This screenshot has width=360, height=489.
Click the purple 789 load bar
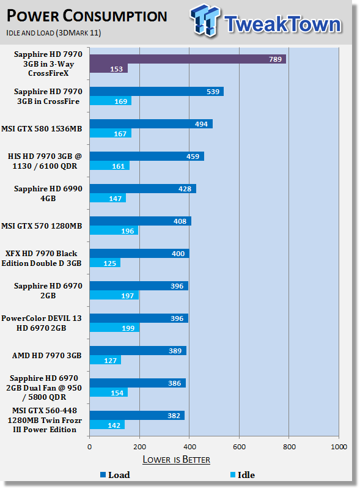pos(188,59)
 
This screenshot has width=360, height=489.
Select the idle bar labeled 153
pos(109,68)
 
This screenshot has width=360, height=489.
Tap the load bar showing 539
pos(156,91)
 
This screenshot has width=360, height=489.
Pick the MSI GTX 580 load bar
pos(152,124)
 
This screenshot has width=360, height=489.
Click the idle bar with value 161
pos(109,166)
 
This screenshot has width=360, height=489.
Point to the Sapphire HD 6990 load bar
pos(143,189)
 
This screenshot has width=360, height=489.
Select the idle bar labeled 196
pos(114,230)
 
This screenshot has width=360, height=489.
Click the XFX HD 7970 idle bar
pos(105,263)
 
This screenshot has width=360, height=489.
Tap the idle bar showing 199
pos(114,328)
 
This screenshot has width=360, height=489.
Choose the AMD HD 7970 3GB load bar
pos(138,350)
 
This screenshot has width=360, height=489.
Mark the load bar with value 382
pos(138,416)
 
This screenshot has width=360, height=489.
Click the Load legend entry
pos(115,475)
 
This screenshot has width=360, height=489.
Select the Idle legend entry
pos(243,475)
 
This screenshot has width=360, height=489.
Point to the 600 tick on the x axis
pos(239,447)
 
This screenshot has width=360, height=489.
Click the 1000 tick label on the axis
pos(339,447)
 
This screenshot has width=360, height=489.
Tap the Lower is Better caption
pos(176,460)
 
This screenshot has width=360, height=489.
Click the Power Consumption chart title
pos(87,16)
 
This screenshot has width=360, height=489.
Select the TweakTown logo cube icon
pos(205,20)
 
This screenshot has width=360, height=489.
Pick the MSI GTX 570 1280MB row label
pos(42,226)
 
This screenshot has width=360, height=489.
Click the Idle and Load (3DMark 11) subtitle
pos(53,33)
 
